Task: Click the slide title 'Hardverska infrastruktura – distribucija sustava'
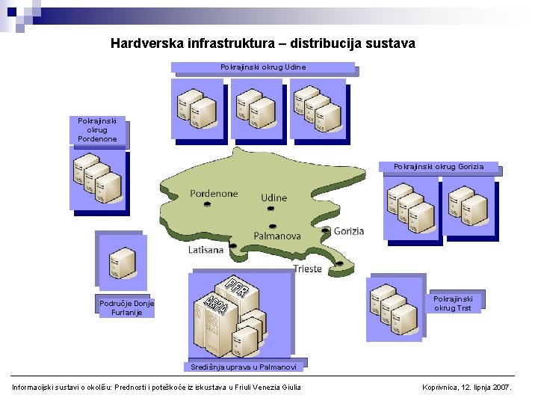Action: pyautogui.click(x=262, y=43)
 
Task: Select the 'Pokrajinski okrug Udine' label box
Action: pyautogui.click(x=263, y=67)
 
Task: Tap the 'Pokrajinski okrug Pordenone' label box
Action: pyautogui.click(x=97, y=129)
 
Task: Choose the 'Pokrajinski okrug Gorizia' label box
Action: pyautogui.click(x=439, y=166)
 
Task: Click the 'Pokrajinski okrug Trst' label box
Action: pyautogui.click(x=453, y=302)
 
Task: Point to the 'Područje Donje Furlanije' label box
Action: pyautogui.click(x=126, y=307)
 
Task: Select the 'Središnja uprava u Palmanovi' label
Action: pyautogui.click(x=243, y=367)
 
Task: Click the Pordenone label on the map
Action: pyautogui.click(x=214, y=193)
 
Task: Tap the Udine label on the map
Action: pyautogui.click(x=273, y=198)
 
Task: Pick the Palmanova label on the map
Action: pyautogui.click(x=277, y=236)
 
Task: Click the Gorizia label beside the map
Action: pyautogui.click(x=349, y=231)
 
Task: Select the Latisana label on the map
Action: pyautogui.click(x=205, y=250)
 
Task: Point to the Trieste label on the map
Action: pyautogui.click(x=308, y=269)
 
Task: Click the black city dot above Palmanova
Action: pyautogui.click(x=272, y=227)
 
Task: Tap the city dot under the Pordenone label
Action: pyautogui.click(x=207, y=203)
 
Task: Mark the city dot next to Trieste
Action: pyautogui.click(x=339, y=263)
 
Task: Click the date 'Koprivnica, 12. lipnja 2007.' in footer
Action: pyautogui.click(x=467, y=387)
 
